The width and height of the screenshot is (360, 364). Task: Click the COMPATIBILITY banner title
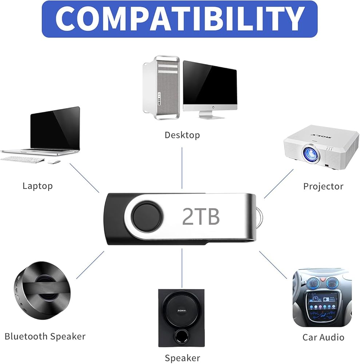click(180, 19)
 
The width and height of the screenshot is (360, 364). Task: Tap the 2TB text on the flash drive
click(201, 216)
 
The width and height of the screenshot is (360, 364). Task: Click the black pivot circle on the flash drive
click(147, 216)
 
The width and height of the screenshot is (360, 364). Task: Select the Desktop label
click(182, 135)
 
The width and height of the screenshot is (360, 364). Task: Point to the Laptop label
click(37, 186)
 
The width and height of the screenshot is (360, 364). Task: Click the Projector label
click(323, 186)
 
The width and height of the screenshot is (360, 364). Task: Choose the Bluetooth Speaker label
click(45, 336)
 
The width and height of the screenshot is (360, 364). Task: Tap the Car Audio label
click(323, 337)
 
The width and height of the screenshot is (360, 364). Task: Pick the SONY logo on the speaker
click(182, 310)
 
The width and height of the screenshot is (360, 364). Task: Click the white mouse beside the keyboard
click(54, 162)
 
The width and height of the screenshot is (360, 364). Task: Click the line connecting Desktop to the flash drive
click(182, 168)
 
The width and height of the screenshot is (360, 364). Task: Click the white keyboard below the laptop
click(23, 159)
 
